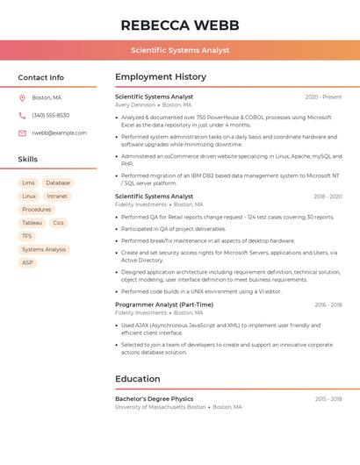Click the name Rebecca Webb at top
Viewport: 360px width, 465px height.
click(x=180, y=25)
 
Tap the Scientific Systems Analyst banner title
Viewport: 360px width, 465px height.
click(x=180, y=51)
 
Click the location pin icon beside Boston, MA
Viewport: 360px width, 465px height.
click(x=22, y=97)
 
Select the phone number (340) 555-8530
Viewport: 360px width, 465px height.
click(x=50, y=115)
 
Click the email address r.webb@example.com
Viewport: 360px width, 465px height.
click(x=59, y=132)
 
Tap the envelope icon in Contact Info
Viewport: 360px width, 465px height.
click(x=22, y=132)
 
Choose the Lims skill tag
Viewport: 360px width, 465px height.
click(x=28, y=182)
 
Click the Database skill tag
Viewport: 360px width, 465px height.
click(x=58, y=182)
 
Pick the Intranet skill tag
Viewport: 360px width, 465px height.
click(x=57, y=196)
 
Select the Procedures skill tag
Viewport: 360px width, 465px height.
click(x=36, y=209)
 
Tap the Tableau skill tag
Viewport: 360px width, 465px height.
click(x=32, y=223)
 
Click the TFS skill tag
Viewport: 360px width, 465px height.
click(x=27, y=236)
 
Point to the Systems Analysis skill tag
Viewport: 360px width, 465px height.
click(x=44, y=249)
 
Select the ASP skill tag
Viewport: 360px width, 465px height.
click(x=27, y=262)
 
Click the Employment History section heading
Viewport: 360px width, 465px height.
click(x=161, y=76)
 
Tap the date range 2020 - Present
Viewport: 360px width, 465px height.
click(x=323, y=97)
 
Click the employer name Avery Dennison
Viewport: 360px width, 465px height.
click(x=134, y=104)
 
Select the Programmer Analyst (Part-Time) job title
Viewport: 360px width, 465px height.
click(x=164, y=304)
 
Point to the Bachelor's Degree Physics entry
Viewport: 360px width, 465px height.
click(x=154, y=398)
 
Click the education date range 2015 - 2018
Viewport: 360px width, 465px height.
click(x=328, y=398)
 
